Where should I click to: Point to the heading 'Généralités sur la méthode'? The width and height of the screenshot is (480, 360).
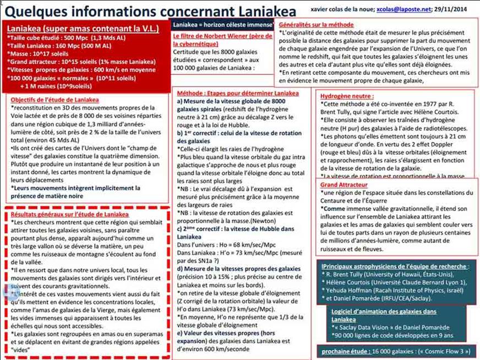tap(317, 25)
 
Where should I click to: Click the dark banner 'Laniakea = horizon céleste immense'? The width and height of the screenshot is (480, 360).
tap(223, 25)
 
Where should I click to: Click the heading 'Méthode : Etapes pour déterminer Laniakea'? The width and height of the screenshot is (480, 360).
tap(237, 94)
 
